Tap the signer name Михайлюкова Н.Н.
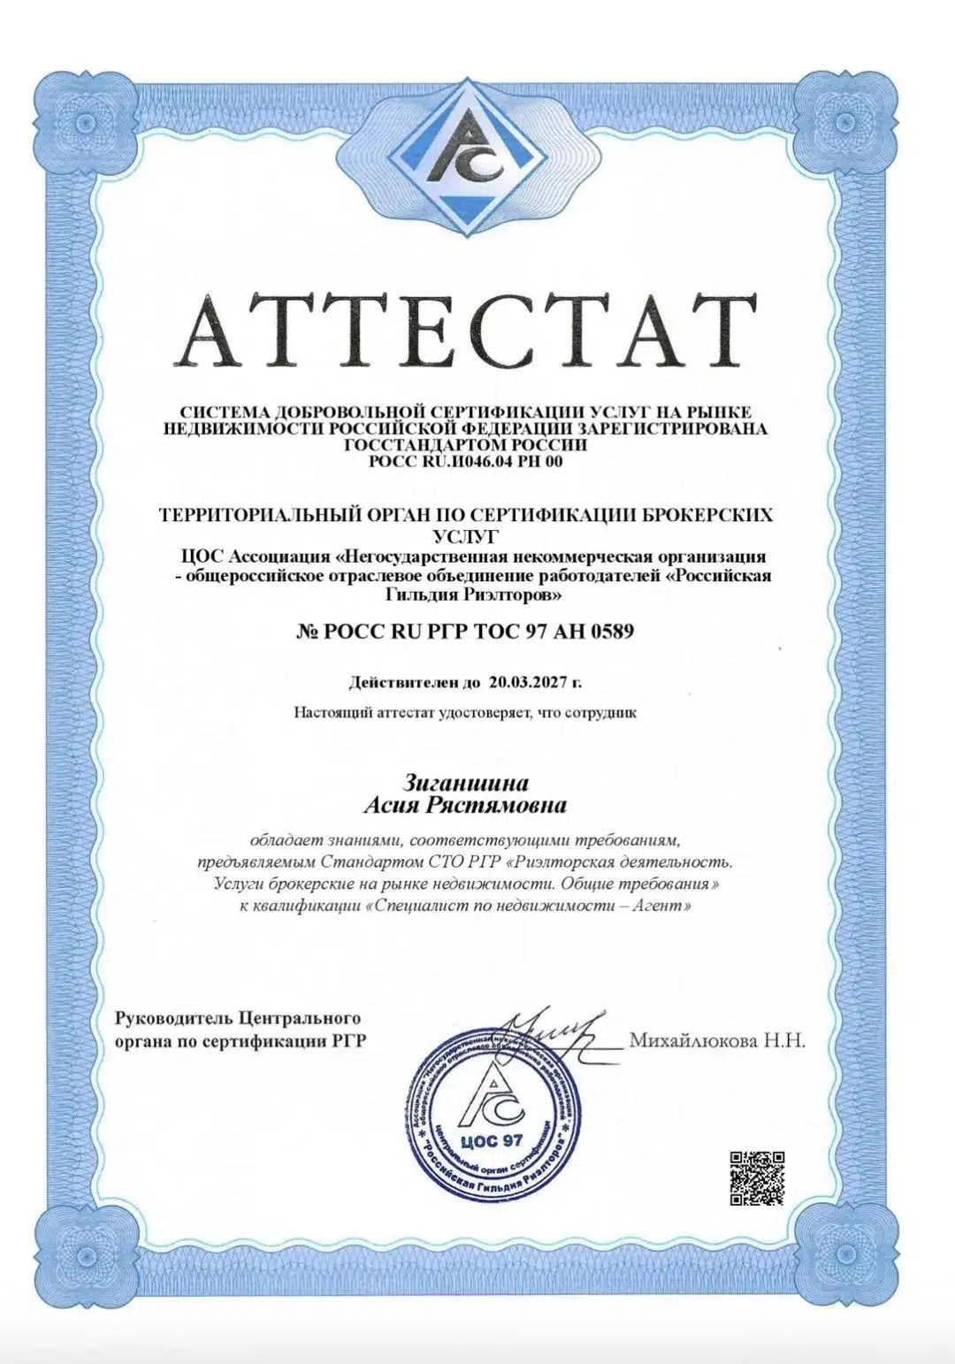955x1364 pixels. [717, 1040]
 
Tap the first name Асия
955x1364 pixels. [395, 805]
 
